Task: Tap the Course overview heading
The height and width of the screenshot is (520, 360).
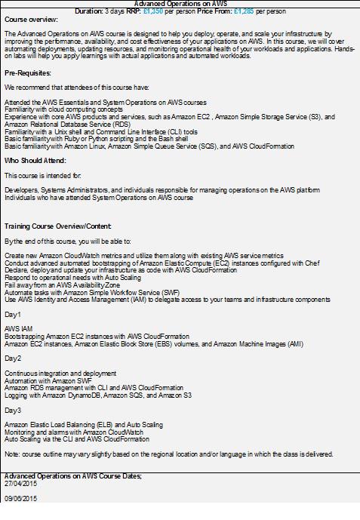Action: coord(31,20)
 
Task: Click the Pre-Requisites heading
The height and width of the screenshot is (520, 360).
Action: coord(28,73)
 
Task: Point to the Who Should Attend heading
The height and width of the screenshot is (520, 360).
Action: coord(35,161)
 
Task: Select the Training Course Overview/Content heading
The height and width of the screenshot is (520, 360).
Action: coord(58,226)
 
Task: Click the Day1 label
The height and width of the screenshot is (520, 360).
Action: coord(13,313)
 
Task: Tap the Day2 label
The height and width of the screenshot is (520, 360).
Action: coord(13,358)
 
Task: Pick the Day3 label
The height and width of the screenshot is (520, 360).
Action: coord(13,410)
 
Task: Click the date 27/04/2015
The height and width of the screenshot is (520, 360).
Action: coord(20,484)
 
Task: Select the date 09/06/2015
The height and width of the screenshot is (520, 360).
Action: coord(20,499)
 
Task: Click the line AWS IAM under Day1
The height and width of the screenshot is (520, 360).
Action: coord(19,328)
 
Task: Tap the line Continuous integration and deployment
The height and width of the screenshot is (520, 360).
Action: coord(60,373)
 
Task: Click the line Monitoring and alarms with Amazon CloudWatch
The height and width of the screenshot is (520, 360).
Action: coord(75,432)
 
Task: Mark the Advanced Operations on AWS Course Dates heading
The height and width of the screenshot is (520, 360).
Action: coord(72,476)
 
